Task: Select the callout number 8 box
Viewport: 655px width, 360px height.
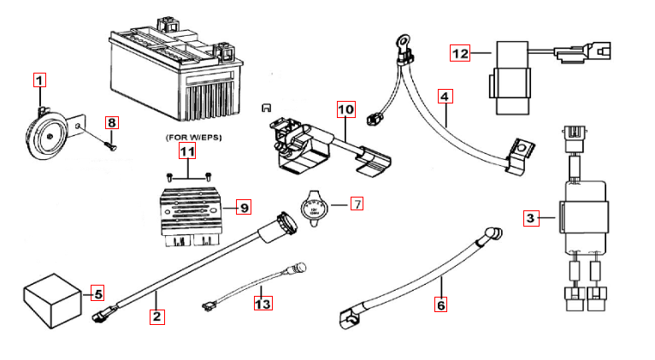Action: coord(112,122)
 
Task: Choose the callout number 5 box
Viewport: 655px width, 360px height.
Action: coord(97,294)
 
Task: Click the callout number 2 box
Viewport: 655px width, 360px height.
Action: coord(156,316)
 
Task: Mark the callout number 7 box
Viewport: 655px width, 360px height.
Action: coord(357,204)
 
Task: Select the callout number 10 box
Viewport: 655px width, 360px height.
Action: coord(345,109)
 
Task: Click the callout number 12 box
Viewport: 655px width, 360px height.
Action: coord(461,54)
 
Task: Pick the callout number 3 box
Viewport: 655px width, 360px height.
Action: coord(531,219)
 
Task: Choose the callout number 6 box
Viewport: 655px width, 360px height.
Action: coord(440,304)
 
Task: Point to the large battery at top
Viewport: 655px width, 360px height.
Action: coord(175,73)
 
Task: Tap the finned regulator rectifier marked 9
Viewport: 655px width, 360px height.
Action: coord(192,212)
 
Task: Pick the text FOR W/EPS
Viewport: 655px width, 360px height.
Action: coord(186,137)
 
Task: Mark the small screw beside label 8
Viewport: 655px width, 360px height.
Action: coord(109,143)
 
